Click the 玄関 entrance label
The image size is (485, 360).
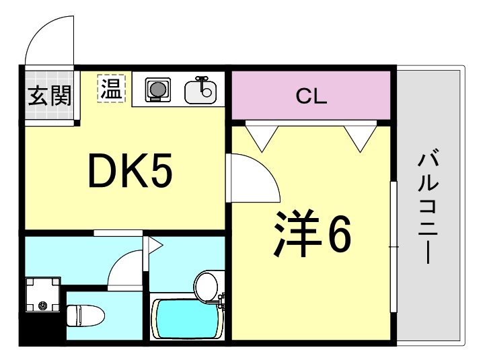[x=49, y=96]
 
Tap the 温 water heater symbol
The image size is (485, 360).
[x=111, y=88]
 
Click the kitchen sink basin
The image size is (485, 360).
[x=200, y=92]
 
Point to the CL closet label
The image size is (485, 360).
[x=311, y=96]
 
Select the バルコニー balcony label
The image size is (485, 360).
[x=428, y=209]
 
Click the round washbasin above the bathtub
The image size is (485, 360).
[x=208, y=286]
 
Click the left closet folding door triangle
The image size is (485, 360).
[x=262, y=137]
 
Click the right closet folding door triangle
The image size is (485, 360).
[x=361, y=137]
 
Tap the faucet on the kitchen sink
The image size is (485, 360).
[x=200, y=83]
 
